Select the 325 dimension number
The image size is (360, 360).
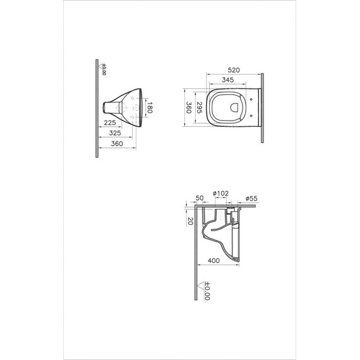tap(114, 134)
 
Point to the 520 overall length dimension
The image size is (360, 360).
tap(234, 71)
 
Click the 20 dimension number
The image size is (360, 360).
tap(189, 220)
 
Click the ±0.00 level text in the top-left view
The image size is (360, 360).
tap(104, 68)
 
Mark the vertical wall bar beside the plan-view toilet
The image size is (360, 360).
tap(261, 107)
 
